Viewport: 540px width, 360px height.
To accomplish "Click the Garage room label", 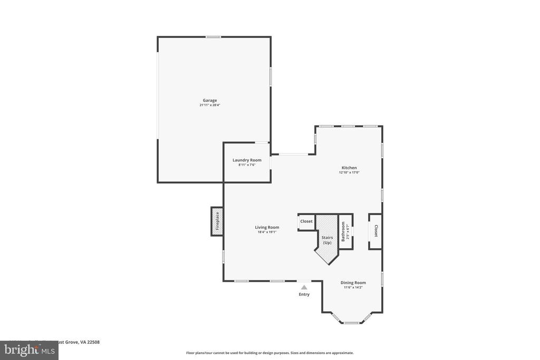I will coord(210,100).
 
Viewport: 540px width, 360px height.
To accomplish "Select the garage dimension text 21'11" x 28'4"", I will coord(210,105).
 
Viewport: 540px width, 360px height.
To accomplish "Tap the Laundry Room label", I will coord(247,160).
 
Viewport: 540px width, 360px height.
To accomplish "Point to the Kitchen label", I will coord(349,168).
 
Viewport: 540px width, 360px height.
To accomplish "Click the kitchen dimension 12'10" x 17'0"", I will coord(349,172).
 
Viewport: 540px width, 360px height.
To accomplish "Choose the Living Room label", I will coord(267,227).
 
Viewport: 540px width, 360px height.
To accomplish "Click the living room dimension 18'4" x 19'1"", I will coord(267,232).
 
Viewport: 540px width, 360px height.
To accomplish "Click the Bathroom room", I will coord(345,231).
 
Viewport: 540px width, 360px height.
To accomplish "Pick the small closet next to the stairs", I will coord(306,221).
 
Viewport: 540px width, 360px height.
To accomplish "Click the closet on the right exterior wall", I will coord(375,231).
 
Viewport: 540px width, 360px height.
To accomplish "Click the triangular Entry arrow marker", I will coord(304,287).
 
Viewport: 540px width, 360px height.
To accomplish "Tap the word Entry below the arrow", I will coord(304,294).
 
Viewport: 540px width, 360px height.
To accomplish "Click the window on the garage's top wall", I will coord(213,37).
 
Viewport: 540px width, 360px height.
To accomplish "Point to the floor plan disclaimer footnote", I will coord(270,353).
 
